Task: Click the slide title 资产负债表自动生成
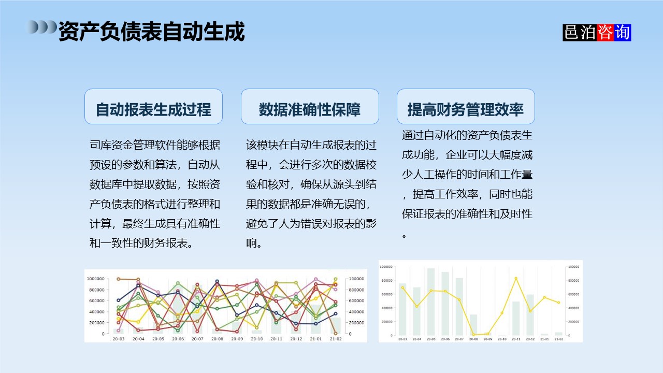tap(151, 32)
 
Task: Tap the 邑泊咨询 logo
tap(597, 32)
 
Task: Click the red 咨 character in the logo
tap(604, 32)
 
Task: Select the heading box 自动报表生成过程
tap(153, 107)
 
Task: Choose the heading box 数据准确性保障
tap(310, 107)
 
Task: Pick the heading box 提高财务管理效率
tap(466, 107)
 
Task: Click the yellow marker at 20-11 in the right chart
tap(516, 278)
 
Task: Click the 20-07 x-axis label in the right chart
tap(459, 339)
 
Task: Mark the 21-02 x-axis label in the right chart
tap(558, 339)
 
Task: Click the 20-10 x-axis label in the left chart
tap(256, 339)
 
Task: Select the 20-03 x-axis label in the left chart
tap(119, 339)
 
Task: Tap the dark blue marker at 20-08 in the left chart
tap(217, 281)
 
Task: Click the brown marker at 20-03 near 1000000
tap(119, 279)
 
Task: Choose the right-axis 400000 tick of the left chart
tap(356, 312)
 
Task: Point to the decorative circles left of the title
tap(41, 27)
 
